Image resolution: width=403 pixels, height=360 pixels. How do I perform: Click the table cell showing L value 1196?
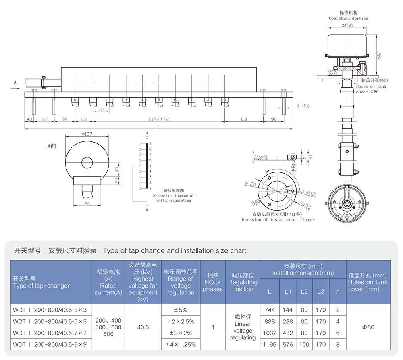pyautogui.click(x=270, y=344)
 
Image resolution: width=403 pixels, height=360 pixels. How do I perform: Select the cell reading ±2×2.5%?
pyautogui.click(x=181, y=321)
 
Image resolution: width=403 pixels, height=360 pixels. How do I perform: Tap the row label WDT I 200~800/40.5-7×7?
pyautogui.click(x=50, y=333)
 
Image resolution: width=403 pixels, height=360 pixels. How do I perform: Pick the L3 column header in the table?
pyautogui.click(x=320, y=291)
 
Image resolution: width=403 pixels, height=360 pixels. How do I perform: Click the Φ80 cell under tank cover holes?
pyautogui.click(x=368, y=327)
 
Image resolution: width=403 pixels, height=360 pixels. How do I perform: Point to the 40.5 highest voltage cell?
pyautogui.click(x=143, y=327)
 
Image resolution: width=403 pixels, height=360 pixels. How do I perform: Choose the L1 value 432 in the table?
pyautogui.click(x=287, y=333)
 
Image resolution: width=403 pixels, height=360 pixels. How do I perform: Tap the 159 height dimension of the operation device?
pyautogui.click(x=378, y=55)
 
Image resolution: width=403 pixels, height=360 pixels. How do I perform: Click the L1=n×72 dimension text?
pyautogui.click(x=158, y=120)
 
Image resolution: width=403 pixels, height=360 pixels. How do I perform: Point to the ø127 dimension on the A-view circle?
pyautogui.click(x=87, y=134)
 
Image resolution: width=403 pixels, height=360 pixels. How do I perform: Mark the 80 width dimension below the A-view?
pyautogui.click(x=87, y=203)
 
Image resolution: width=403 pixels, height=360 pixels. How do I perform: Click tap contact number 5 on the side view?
pyautogui.click(x=158, y=99)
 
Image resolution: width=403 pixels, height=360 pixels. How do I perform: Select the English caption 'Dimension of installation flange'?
pyautogui.click(x=276, y=219)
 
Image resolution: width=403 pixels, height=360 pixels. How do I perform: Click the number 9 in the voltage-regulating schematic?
pyautogui.click(x=150, y=143)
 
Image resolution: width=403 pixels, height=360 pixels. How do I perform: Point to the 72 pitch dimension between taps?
pyautogui.click(x=101, y=110)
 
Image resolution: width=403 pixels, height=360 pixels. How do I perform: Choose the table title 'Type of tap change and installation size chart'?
pyautogui.click(x=174, y=251)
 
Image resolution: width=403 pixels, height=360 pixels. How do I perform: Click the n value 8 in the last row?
pyautogui.click(x=337, y=344)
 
